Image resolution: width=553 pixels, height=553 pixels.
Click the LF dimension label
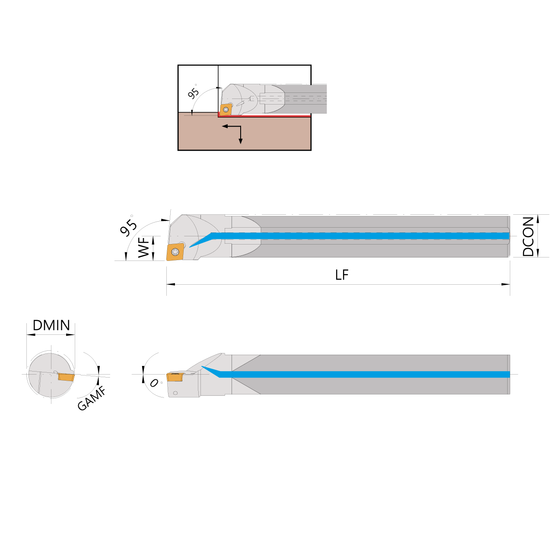[x=342, y=275]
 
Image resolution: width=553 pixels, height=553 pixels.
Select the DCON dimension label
[x=528, y=236]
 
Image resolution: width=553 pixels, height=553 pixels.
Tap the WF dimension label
[x=144, y=248]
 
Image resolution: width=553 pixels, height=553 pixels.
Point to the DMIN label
[x=51, y=325]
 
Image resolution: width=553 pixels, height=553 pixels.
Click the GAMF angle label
[x=92, y=399]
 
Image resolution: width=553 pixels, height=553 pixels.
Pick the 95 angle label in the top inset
[x=193, y=93]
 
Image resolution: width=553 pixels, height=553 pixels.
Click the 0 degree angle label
[x=154, y=383]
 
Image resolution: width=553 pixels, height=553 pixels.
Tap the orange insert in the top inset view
[x=226, y=110]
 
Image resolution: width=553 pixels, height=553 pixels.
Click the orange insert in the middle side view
[x=175, y=252]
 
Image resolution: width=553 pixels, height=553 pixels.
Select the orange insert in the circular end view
[x=66, y=377]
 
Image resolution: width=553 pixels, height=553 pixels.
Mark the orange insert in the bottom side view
[x=175, y=377]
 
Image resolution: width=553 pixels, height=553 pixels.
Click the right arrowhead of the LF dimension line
[x=506, y=284]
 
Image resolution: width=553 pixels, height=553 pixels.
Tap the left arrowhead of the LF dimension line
[x=171, y=284]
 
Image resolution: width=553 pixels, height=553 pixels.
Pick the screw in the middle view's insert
[x=175, y=252]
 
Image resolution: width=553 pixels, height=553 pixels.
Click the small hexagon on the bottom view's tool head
[x=175, y=393]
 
